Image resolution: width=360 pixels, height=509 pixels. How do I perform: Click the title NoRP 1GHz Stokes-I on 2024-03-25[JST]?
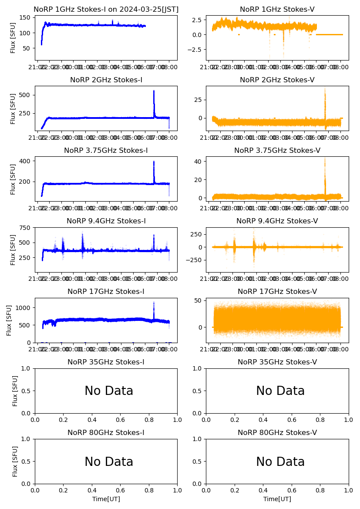106,9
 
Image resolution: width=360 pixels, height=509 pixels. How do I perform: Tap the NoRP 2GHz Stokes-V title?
277,80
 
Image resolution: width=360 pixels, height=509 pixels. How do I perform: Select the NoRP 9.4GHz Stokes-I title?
106,221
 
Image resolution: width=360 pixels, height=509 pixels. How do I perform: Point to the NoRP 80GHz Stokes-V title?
277,432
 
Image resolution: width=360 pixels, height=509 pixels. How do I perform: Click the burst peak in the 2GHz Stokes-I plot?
154,91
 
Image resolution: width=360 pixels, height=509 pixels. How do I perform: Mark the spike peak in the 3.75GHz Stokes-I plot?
154,162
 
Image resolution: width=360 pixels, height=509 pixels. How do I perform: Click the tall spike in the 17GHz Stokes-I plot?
154,302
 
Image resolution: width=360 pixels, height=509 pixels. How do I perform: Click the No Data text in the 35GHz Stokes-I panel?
109,391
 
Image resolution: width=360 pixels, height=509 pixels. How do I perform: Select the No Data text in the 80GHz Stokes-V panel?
280,462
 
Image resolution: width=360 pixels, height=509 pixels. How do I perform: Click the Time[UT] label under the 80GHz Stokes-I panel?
106,499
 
